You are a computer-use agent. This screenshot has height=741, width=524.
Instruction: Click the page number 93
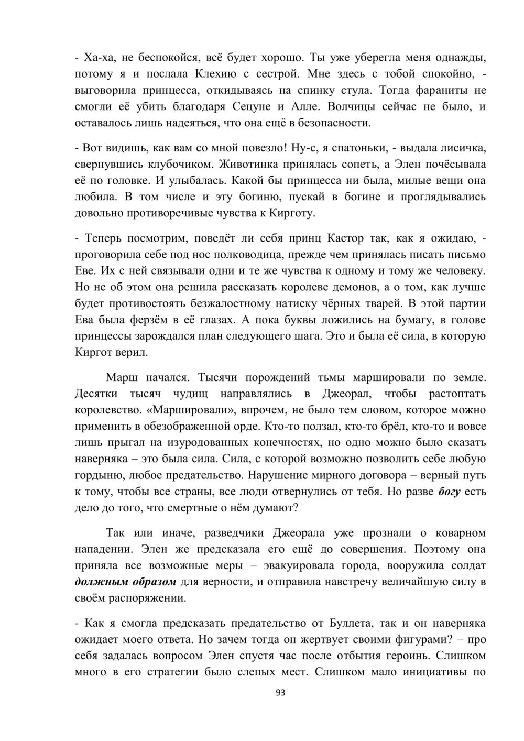(x=280, y=693)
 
